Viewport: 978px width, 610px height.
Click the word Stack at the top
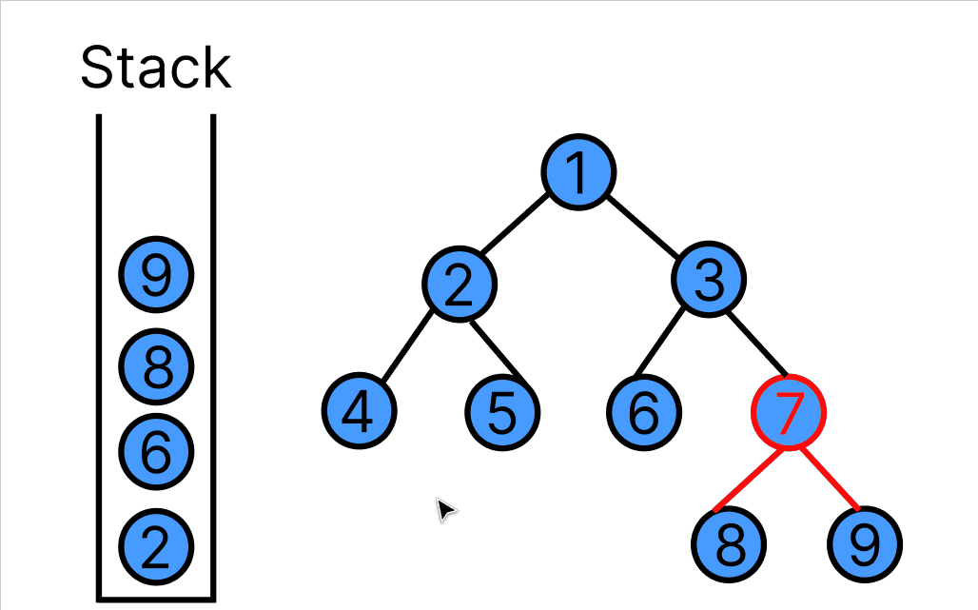click(155, 68)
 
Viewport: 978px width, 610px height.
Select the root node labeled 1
click(578, 172)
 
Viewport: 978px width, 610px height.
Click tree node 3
click(709, 280)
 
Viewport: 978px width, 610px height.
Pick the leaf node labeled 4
click(359, 412)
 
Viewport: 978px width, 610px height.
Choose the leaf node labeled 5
click(502, 412)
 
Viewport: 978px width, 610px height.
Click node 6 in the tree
click(644, 412)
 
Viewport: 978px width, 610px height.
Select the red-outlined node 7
click(789, 412)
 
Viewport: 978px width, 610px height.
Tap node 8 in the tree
click(728, 544)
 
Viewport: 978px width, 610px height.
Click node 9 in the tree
click(864, 544)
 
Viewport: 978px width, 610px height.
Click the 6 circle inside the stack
click(156, 450)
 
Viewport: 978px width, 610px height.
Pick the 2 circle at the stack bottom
click(156, 546)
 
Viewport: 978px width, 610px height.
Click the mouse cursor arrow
click(444, 509)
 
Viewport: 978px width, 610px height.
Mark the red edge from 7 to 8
click(750, 480)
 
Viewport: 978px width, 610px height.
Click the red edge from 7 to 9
click(829, 479)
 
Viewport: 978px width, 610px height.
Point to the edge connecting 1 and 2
click(515, 226)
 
